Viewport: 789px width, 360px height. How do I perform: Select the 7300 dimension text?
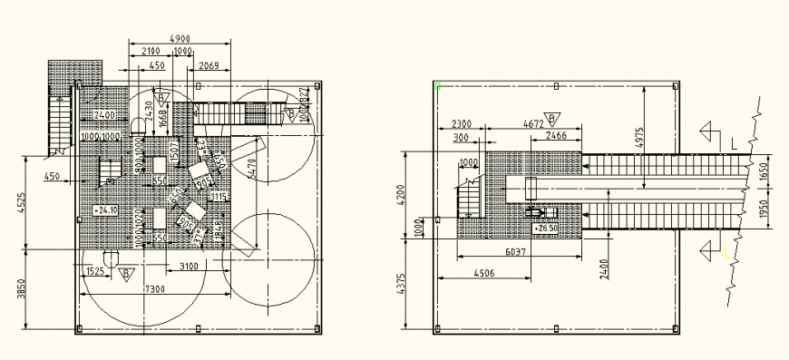tap(154, 287)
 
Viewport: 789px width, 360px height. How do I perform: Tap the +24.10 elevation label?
tap(106, 210)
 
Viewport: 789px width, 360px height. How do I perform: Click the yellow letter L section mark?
tap(726, 256)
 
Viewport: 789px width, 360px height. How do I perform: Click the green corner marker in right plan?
tap(438, 87)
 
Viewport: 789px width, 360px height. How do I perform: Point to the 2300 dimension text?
tap(461, 123)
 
